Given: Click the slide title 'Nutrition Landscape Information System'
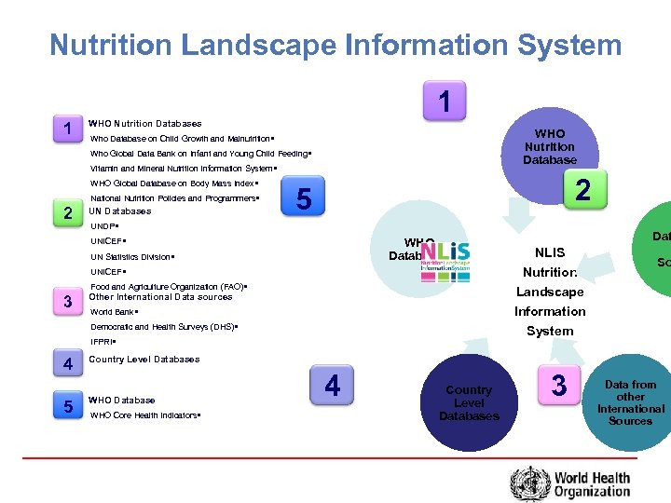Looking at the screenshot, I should [335, 44].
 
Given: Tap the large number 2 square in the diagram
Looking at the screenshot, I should [582, 190].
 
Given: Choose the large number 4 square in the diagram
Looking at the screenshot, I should [333, 384].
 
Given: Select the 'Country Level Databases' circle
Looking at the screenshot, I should [469, 402].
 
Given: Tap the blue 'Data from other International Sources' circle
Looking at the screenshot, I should [630, 401].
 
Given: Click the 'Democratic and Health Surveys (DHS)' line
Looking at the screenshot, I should [164, 327].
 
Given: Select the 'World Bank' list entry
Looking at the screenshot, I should [114, 312].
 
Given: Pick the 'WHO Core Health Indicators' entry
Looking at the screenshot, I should [145, 415].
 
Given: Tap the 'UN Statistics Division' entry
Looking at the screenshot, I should [131, 256].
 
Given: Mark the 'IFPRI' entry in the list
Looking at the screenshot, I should [103, 342].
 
